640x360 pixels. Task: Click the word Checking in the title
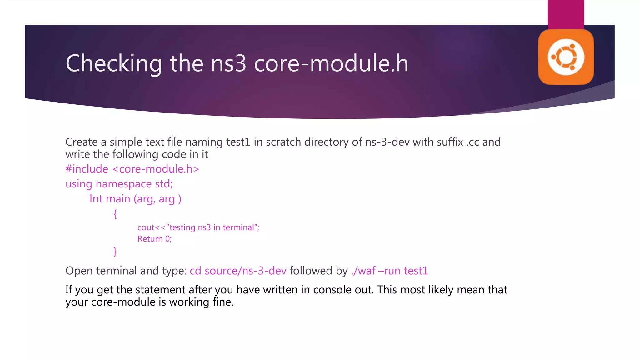114,64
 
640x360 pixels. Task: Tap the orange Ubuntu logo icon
566,57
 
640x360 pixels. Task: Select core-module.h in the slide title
331,64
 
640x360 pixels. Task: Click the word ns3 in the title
229,64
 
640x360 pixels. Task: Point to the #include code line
132,169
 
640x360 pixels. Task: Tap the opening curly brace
115,214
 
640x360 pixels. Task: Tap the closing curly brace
115,252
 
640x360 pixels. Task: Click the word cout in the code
146,227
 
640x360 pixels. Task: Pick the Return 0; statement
155,239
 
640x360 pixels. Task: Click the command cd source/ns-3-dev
238,271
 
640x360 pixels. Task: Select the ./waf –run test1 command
389,271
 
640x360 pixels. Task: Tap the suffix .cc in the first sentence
472,142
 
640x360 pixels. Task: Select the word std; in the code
164,184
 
